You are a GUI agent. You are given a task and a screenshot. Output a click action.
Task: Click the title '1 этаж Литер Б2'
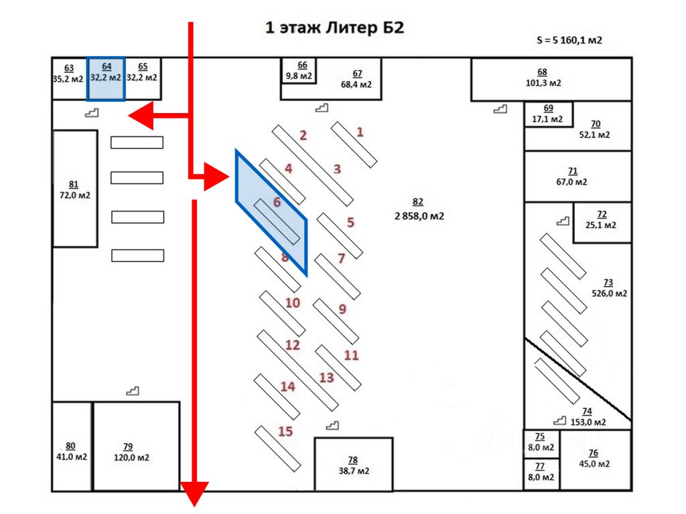coord(335,27)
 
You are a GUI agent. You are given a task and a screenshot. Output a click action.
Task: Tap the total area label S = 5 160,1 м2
coord(569,40)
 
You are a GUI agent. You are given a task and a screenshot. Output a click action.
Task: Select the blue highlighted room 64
coord(107,79)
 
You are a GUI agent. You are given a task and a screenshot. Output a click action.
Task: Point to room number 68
coord(542,72)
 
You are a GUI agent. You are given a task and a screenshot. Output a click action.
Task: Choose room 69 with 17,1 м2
coord(549,114)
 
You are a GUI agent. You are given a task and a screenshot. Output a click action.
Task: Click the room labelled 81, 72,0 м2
coord(75,188)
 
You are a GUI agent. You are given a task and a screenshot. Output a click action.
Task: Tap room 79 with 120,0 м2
coord(137,446)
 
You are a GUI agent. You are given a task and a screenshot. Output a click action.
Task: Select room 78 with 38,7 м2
coord(354,464)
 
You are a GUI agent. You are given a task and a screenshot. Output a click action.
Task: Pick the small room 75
coord(541,444)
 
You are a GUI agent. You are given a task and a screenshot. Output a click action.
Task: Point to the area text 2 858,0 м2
coord(419,216)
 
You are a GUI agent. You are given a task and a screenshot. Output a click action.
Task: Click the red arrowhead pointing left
coord(141,115)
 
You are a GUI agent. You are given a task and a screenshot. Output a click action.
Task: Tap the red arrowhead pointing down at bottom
coord(195,494)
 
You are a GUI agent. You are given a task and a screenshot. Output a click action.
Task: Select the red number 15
coord(285,432)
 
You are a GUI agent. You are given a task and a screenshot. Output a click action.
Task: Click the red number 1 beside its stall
coord(360,132)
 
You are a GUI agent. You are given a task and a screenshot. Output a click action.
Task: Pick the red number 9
coord(342,309)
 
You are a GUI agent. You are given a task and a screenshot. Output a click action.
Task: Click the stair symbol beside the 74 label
coord(559,420)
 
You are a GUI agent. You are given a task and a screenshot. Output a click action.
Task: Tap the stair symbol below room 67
coord(322,108)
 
